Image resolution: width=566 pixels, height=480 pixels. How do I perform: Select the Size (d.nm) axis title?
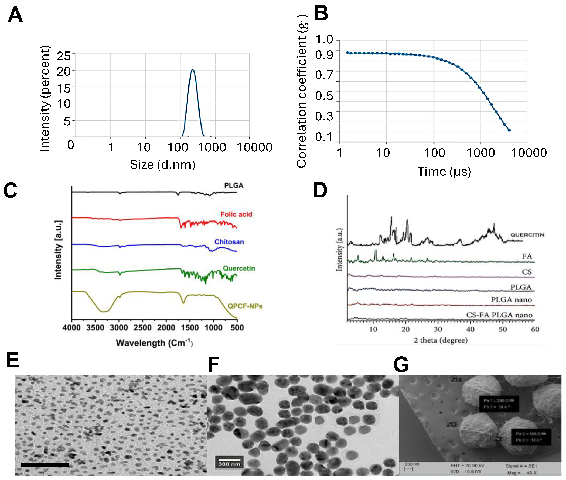163,165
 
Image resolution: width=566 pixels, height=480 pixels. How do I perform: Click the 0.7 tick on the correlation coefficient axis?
324,75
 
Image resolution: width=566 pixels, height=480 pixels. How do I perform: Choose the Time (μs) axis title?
444,171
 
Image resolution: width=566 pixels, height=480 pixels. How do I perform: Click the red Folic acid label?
236,214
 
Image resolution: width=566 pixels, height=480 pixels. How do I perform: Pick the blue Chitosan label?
229,242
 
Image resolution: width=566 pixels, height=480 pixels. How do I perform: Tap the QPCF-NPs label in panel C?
245,306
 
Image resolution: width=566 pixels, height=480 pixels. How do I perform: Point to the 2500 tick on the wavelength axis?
142,328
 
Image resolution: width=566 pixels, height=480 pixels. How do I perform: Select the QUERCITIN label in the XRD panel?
527,235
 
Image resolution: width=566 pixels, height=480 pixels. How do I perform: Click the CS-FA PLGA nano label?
499,315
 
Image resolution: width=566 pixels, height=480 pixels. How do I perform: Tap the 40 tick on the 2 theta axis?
470,329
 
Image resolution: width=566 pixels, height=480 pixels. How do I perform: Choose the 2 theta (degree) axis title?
441,340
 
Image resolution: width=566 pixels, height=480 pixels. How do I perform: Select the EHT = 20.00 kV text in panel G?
467,466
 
